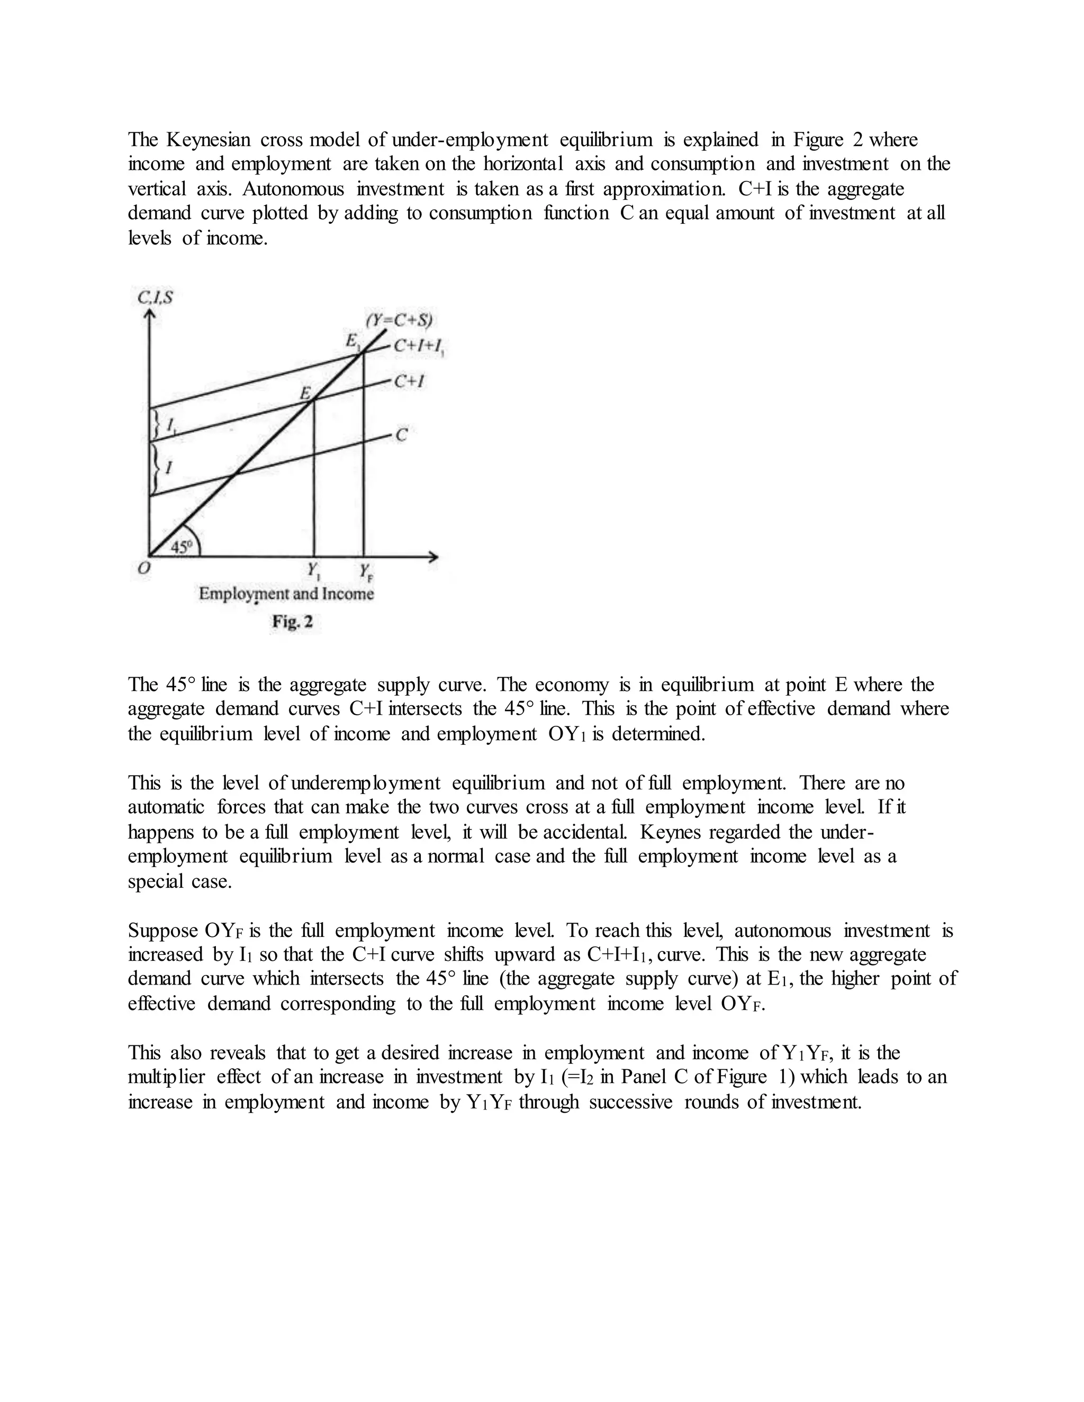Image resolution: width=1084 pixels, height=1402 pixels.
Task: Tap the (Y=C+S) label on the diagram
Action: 399,320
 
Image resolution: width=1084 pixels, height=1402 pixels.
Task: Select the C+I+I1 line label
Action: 419,347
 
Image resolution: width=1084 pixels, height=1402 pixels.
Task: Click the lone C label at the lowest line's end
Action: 401,436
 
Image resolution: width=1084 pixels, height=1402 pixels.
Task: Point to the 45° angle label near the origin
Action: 182,547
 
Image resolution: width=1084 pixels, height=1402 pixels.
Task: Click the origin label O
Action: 144,569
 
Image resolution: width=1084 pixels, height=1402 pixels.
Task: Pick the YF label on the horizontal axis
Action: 365,570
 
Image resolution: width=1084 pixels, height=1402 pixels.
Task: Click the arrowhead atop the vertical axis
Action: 150,315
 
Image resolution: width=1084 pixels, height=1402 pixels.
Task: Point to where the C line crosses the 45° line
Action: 234,474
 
